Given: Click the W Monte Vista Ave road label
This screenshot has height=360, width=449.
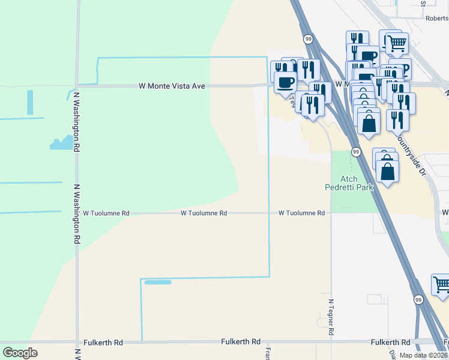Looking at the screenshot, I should pyautogui.click(x=172, y=86).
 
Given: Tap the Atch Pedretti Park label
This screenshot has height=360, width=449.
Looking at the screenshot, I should pyautogui.click(x=349, y=183).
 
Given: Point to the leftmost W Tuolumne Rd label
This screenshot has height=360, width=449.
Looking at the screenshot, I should pyautogui.click(x=106, y=213).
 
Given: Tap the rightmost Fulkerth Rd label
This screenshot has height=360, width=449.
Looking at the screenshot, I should pyautogui.click(x=390, y=341).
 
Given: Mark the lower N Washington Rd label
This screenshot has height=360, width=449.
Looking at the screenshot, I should pyautogui.click(x=77, y=214).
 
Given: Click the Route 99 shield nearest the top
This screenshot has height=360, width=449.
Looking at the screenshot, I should pyautogui.click(x=308, y=39).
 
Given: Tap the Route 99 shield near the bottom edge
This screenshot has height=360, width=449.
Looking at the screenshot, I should pyautogui.click(x=418, y=299).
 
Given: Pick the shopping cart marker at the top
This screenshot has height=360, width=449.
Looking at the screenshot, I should pyautogui.click(x=397, y=43).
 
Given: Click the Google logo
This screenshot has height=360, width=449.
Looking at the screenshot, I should pyautogui.click(x=20, y=352).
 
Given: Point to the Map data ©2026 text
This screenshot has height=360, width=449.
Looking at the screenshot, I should pyautogui.click(x=423, y=355).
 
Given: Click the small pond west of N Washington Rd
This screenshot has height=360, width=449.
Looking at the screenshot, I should pyautogui.click(x=62, y=143).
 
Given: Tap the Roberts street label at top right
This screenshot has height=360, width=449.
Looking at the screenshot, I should pyautogui.click(x=437, y=19).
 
